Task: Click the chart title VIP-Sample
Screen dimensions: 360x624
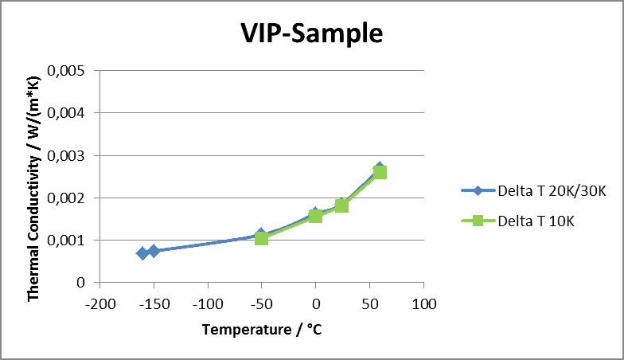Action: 312,33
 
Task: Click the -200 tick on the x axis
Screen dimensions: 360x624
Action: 99,303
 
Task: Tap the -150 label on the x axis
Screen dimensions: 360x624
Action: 154,303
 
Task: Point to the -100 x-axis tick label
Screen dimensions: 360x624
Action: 208,303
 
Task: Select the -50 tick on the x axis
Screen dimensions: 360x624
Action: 262,303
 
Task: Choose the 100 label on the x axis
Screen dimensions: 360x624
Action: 423,303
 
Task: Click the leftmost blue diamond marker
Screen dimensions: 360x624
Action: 142,252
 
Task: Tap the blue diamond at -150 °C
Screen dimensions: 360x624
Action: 154,251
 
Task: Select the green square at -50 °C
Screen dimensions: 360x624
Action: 262,237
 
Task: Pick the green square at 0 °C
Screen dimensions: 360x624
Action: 315,216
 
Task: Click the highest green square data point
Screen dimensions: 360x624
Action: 380,172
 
